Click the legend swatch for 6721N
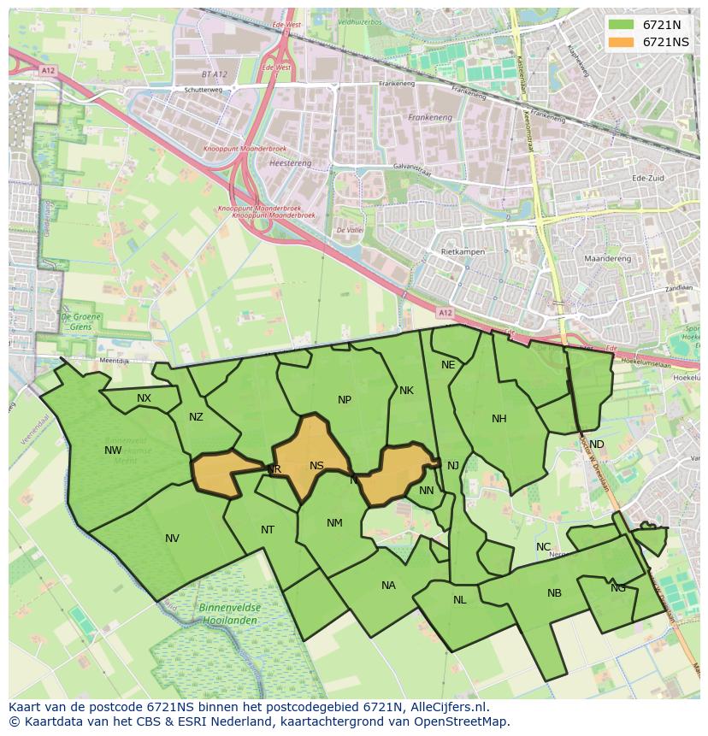(x=622, y=25)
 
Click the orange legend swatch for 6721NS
(x=622, y=42)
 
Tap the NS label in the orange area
(x=316, y=466)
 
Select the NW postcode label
(x=113, y=450)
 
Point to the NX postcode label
(x=144, y=398)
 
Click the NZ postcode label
(x=196, y=417)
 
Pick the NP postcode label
(x=345, y=399)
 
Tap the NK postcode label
(x=406, y=391)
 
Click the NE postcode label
(x=448, y=365)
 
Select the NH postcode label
(x=499, y=419)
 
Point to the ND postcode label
(x=597, y=445)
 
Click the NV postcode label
(x=172, y=539)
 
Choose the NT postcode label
(x=268, y=530)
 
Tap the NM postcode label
(x=334, y=523)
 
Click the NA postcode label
(x=388, y=586)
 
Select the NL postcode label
(x=459, y=600)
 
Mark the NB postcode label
(x=554, y=593)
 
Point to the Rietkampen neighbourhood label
(x=463, y=252)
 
